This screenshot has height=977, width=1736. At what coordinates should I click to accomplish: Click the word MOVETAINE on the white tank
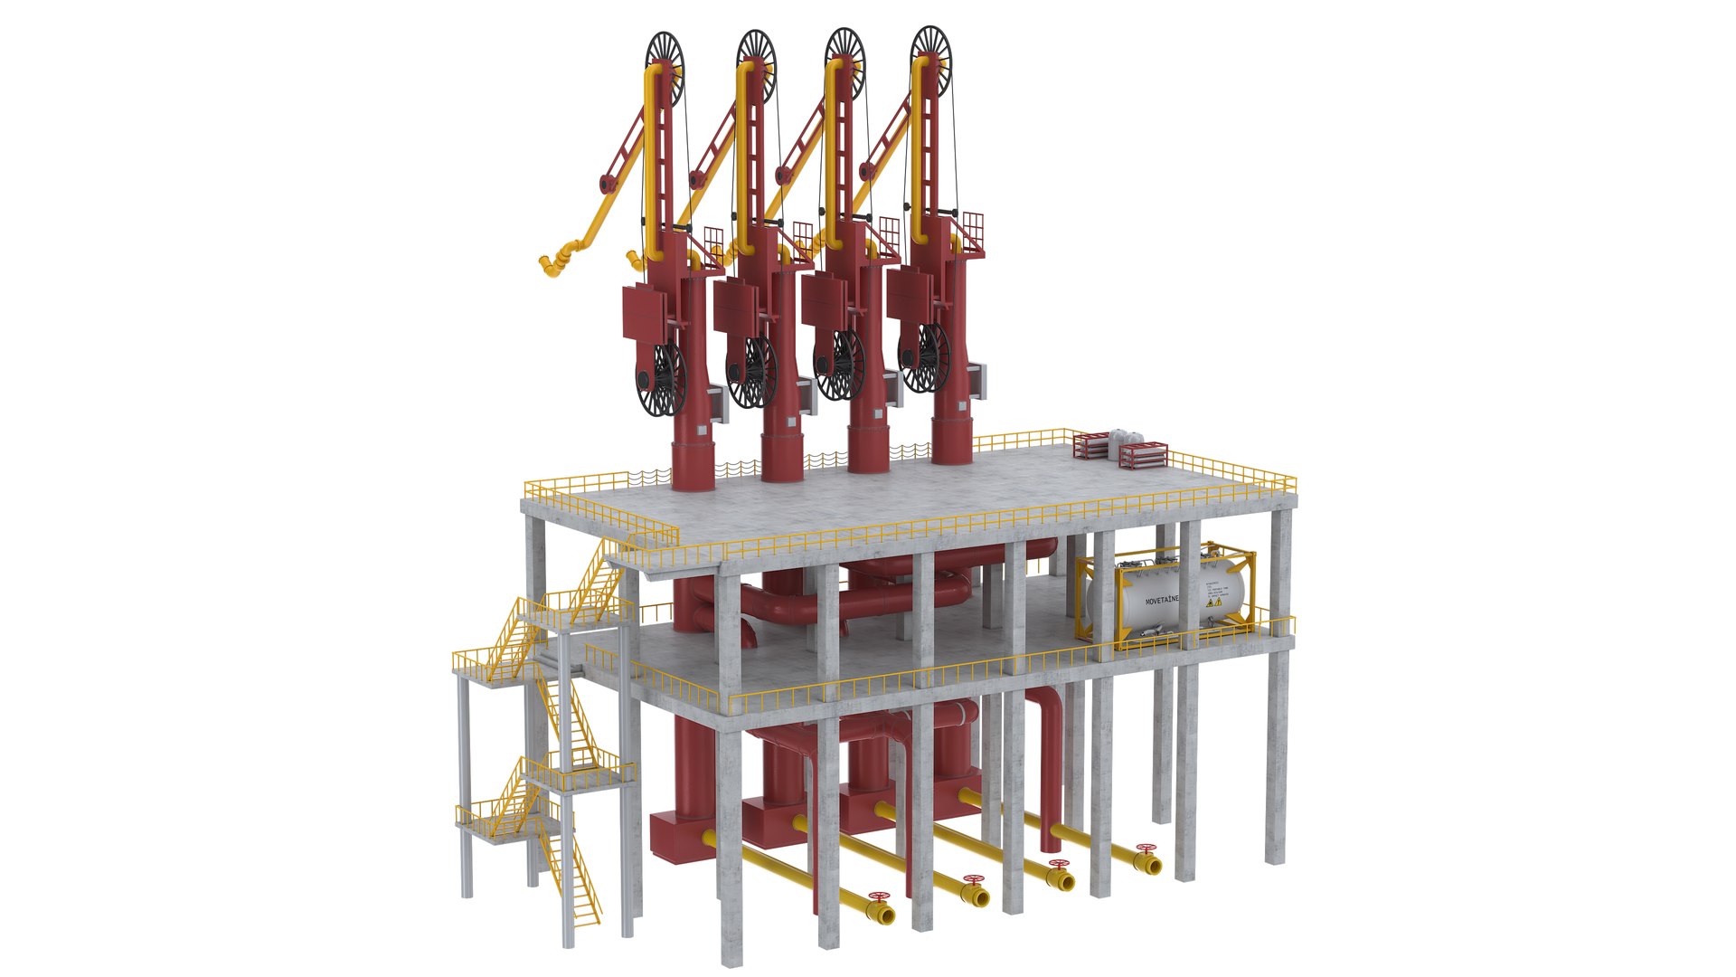coord(1161,601)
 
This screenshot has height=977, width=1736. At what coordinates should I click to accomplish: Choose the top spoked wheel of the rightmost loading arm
coord(930,51)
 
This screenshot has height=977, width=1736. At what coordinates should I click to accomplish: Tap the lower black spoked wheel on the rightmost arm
coord(924,358)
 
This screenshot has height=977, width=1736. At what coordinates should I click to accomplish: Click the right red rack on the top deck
coord(1143,454)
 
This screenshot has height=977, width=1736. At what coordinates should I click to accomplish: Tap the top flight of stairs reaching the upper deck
coord(601,575)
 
